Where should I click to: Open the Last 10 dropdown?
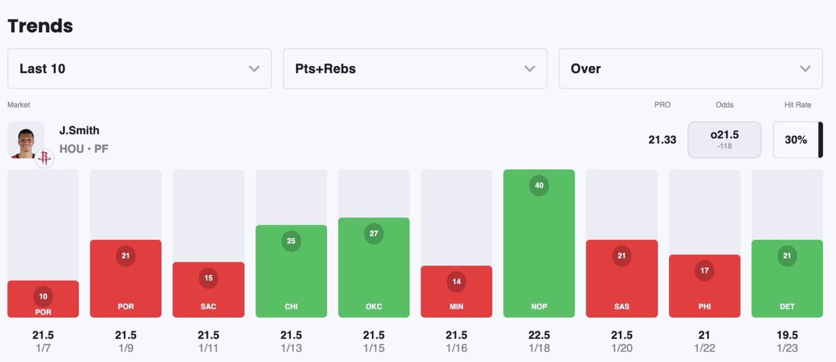(139, 68)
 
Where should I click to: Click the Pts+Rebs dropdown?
(415, 68)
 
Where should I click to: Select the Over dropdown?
(690, 68)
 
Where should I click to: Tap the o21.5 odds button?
(724, 139)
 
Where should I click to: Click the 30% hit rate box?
(796, 139)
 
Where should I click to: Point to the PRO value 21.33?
(662, 139)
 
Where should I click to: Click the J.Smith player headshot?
(26, 140)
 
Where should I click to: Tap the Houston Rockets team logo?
(44, 157)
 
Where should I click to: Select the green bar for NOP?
(539, 250)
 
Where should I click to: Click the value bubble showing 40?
(539, 185)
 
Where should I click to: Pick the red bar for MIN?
(456, 297)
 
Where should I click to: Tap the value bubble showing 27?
(374, 233)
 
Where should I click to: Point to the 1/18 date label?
(539, 348)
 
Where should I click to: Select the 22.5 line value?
(539, 335)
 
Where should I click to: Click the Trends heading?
(40, 26)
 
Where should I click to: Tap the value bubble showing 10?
(43, 296)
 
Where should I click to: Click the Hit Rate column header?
(797, 105)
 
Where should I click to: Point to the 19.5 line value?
(787, 335)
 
